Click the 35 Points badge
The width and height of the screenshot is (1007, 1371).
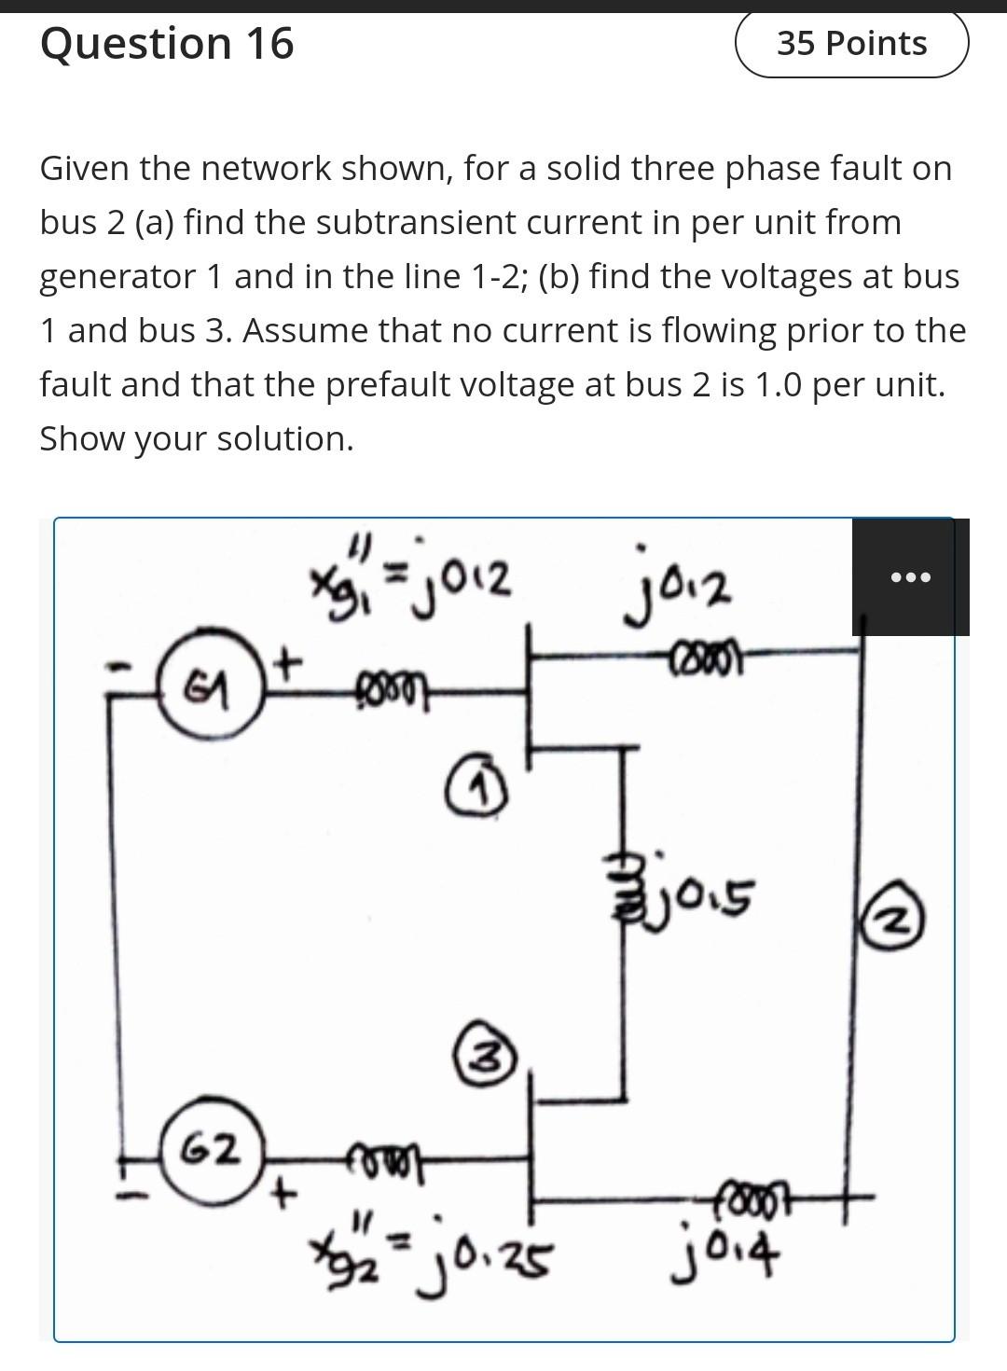tap(852, 44)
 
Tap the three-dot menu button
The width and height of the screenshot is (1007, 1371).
tap(910, 577)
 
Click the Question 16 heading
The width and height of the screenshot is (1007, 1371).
tap(167, 44)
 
